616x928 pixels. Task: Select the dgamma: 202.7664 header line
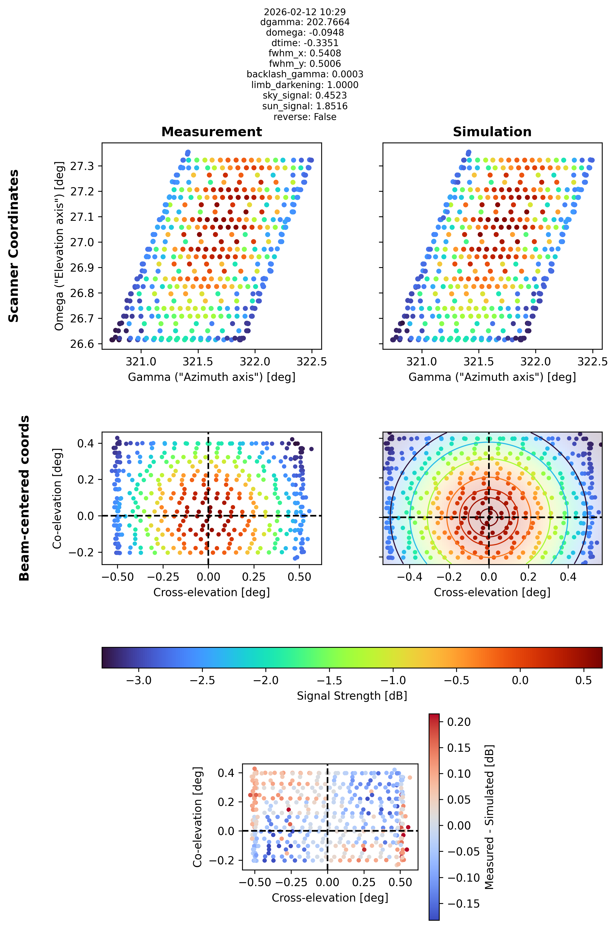pos(305,22)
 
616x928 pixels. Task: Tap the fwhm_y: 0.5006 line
pos(305,64)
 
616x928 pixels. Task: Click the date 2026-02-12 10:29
pos(305,12)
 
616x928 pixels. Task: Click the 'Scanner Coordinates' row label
pos(14,246)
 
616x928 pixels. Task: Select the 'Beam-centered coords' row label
pos(24,498)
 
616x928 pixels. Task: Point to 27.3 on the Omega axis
pos(82,166)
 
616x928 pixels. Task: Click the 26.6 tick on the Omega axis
pos(82,344)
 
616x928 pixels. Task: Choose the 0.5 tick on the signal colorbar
pos(584,680)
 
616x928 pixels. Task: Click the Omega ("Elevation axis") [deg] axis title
pos(59,246)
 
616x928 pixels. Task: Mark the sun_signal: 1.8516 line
pos(305,106)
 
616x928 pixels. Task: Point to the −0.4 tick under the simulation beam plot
pos(410,577)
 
